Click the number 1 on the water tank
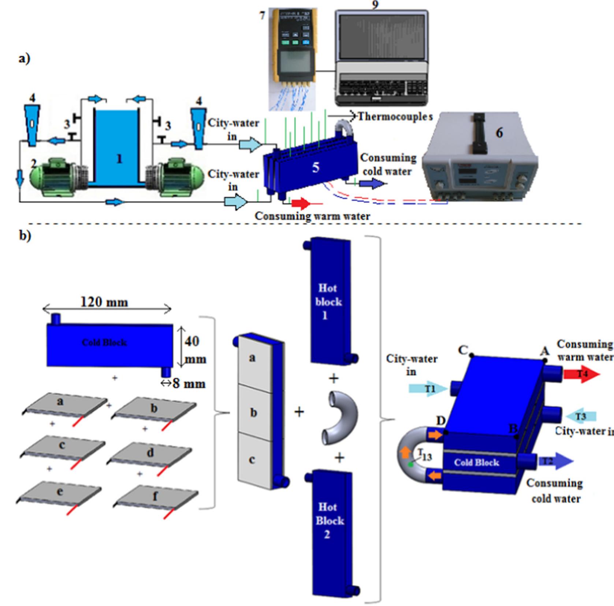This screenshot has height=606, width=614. coord(119,159)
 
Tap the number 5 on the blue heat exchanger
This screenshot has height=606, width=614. coord(315,168)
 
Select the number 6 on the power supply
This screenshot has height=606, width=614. coord(499,133)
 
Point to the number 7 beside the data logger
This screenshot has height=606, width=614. coord(262,16)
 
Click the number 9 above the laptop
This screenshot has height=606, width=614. coord(375,4)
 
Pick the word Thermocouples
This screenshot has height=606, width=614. coord(395,117)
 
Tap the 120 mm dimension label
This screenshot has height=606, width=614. coord(104,302)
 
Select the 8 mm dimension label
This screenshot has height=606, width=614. coord(189,384)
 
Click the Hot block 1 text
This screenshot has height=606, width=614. coord(328,302)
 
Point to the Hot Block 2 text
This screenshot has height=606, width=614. coord(329,520)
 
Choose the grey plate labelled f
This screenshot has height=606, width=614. coord(156,497)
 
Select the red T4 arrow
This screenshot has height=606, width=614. coord(581,374)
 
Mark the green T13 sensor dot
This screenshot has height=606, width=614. coord(411,464)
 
